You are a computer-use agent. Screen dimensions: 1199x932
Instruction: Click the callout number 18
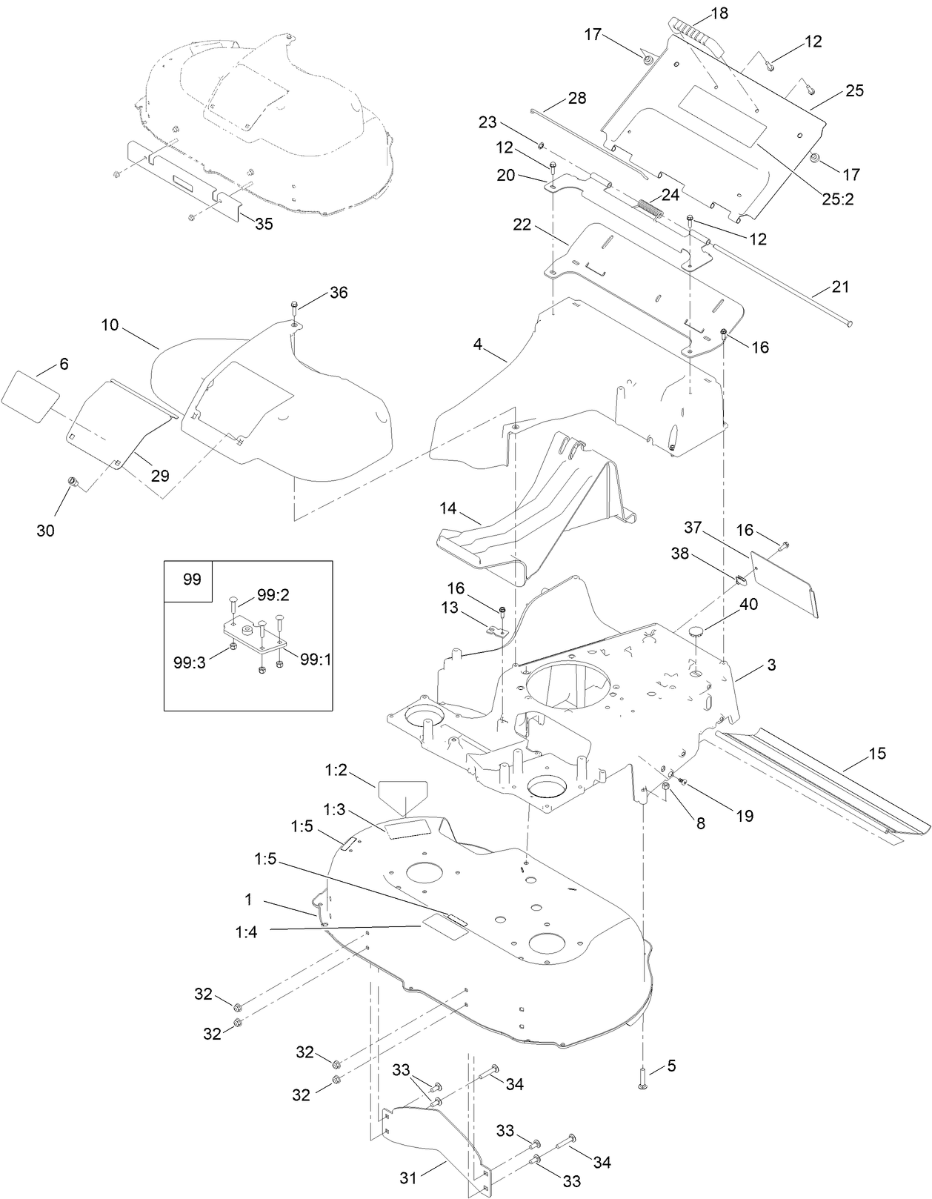click(719, 13)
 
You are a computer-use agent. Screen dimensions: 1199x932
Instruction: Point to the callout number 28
click(576, 98)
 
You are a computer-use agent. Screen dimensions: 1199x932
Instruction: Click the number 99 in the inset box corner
click(191, 579)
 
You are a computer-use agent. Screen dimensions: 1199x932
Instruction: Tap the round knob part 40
click(696, 631)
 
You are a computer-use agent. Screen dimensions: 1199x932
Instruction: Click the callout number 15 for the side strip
click(876, 754)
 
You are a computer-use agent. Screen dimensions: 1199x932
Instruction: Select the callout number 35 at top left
click(264, 224)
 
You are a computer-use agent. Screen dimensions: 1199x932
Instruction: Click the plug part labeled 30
click(73, 483)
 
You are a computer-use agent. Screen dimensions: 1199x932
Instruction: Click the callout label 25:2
click(836, 199)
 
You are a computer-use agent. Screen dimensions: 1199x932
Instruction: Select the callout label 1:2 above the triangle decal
click(336, 770)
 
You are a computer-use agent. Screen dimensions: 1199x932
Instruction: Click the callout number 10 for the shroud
click(110, 325)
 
